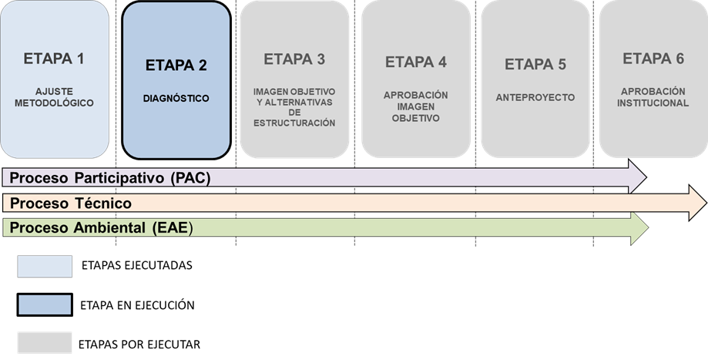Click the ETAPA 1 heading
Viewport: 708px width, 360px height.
[54, 59]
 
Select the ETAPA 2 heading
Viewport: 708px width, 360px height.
[176, 66]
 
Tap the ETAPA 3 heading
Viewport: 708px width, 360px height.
[294, 59]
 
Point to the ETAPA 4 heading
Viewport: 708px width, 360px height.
[416, 62]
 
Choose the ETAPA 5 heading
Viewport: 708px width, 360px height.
[535, 65]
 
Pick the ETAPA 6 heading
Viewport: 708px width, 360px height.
[653, 59]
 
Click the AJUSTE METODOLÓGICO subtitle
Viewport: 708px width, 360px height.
[54, 96]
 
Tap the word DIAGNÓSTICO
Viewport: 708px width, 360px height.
[176, 99]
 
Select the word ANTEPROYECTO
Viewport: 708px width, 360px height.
[535, 98]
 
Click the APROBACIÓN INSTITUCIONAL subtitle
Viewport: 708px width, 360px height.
[653, 97]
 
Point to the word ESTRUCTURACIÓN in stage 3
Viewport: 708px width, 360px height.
[294, 123]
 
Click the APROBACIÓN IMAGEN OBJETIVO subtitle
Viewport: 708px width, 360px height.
[416, 106]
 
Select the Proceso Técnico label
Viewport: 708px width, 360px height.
[71, 204]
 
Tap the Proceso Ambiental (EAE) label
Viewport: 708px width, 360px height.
[100, 228]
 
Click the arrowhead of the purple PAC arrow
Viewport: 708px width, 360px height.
[638, 177]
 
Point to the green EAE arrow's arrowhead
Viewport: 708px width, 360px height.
[639, 228]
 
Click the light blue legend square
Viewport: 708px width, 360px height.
[45, 266]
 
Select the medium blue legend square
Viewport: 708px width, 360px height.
[45, 304]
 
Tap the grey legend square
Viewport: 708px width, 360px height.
[45, 342]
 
